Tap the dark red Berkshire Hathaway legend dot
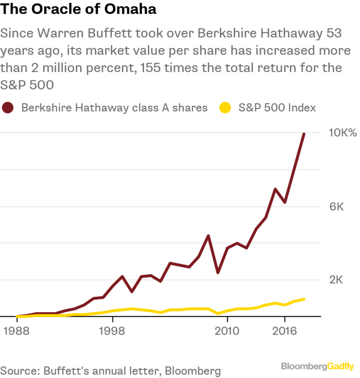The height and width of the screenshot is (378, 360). point(8,108)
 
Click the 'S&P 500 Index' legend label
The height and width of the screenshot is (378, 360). point(277,108)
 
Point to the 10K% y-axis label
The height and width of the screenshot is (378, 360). point(343,133)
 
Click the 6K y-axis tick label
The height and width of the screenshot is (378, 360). point(337,207)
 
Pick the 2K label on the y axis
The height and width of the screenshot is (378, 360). point(337,280)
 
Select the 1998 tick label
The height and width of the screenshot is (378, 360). point(112,331)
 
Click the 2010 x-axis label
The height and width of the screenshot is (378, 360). point(227,331)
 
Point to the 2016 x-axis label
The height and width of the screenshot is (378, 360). point(285,331)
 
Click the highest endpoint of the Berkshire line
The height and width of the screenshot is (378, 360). point(304,133)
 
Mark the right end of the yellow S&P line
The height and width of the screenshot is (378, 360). point(304,299)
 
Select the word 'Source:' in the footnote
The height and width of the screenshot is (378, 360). point(19,370)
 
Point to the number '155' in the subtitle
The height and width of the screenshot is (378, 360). point(153,68)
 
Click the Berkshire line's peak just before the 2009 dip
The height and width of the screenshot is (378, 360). point(208,236)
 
